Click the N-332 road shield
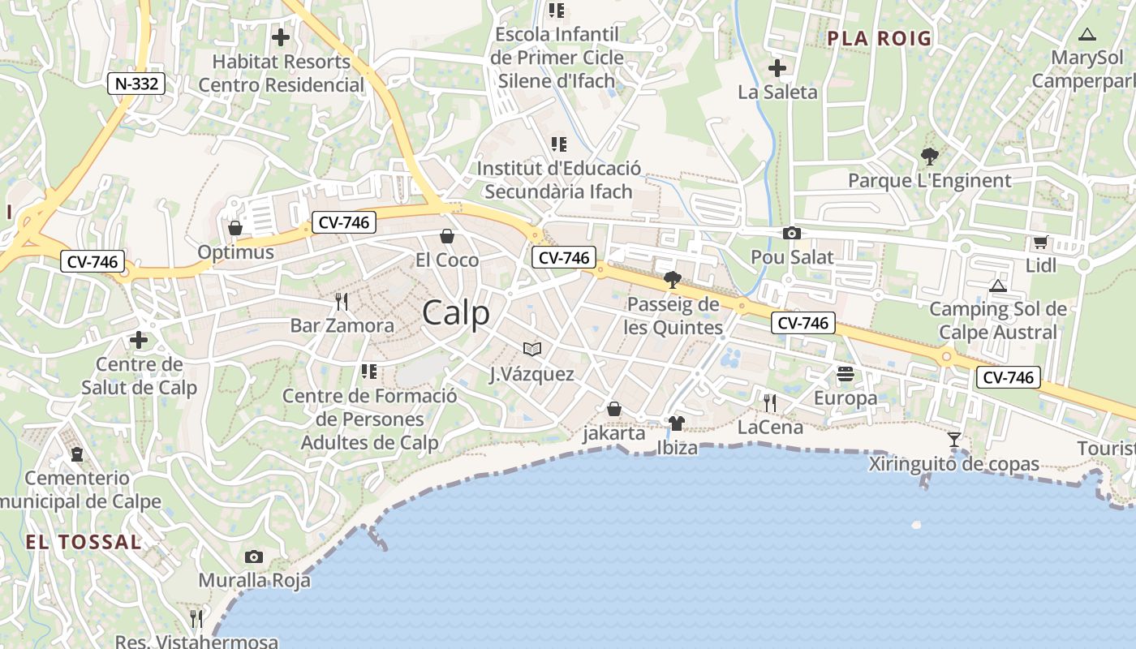(136, 83)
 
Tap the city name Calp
(456, 313)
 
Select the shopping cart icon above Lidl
(1041, 242)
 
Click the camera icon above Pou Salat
(792, 234)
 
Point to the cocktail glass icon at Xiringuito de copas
(954, 440)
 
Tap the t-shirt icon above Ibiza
(677, 423)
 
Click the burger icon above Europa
(846, 374)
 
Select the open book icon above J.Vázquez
(532, 350)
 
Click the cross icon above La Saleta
(777, 68)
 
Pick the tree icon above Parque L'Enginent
(930, 156)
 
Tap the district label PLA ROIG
(880, 38)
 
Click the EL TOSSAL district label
(83, 542)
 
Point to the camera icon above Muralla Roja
(254, 557)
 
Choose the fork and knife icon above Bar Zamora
(342, 302)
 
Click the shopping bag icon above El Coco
(446, 236)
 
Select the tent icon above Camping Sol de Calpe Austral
(998, 286)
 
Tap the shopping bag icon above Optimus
(235, 228)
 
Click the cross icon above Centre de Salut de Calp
(139, 340)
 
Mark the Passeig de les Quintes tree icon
(672, 281)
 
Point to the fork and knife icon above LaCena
(770, 402)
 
